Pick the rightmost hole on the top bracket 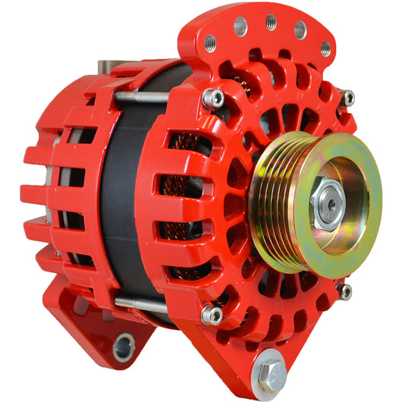[x=326, y=49]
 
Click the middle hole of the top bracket [x=270, y=23]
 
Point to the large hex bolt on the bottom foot [x=269, y=373]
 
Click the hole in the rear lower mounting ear [x=122, y=347]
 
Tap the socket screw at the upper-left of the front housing [x=214, y=98]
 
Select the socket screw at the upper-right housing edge [x=347, y=98]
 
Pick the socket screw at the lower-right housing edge [x=345, y=291]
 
